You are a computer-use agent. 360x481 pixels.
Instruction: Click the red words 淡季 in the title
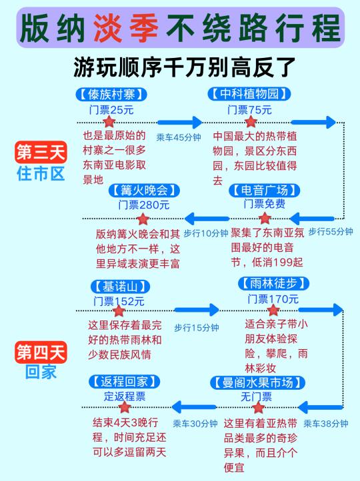point(126,28)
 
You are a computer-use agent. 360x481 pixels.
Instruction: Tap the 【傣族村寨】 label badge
point(111,94)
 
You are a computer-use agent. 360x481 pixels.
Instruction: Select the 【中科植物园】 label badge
point(249,93)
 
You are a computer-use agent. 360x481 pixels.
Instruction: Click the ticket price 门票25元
point(111,109)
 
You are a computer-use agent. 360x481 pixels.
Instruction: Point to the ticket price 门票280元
point(143,205)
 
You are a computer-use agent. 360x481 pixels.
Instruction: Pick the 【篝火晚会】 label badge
point(144,190)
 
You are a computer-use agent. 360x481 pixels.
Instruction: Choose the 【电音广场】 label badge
point(264,190)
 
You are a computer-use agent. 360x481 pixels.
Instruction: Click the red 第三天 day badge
point(41,152)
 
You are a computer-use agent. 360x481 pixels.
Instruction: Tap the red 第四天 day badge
point(41,352)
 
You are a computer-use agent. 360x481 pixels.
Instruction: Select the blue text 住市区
point(41,174)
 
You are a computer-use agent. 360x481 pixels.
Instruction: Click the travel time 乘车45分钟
point(179,137)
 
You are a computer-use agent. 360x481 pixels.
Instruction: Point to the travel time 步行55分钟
point(331,231)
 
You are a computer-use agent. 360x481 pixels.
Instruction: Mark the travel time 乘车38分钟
point(326,424)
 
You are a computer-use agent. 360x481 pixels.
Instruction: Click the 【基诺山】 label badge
point(120,286)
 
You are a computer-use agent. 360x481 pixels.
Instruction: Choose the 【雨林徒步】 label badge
point(273,283)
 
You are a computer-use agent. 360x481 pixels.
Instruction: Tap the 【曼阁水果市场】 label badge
point(257,382)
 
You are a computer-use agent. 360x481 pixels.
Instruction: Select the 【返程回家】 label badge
point(124,381)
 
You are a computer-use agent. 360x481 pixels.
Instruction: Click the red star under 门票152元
point(119,310)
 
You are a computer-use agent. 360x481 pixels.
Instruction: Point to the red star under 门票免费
point(265,219)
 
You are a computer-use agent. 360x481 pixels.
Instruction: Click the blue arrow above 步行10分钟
point(207,219)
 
